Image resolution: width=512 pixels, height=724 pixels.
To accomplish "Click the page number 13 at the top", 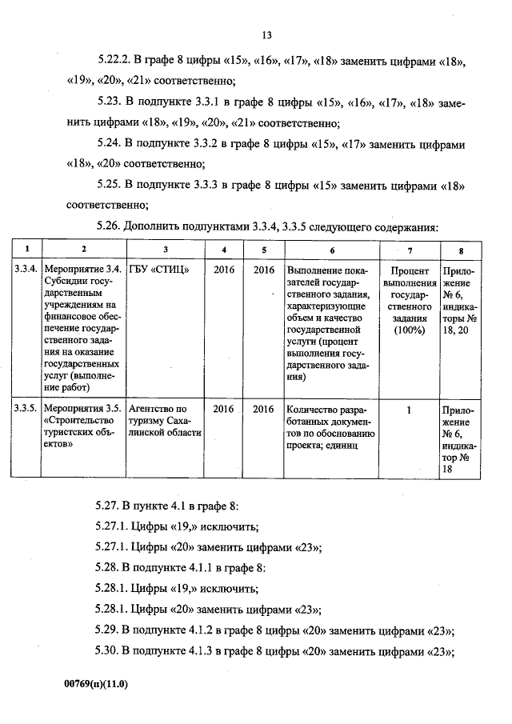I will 266,35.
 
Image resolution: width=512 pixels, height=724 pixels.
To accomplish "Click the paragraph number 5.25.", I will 108,186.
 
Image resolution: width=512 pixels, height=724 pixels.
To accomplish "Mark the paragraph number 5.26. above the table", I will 108,227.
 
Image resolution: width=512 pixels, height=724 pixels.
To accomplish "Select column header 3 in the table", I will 164,249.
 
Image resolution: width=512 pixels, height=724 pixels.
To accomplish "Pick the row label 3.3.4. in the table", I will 26,270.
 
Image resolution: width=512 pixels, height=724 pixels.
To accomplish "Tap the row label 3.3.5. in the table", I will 26,409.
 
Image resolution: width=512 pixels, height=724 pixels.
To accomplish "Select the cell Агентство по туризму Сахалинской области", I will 163,421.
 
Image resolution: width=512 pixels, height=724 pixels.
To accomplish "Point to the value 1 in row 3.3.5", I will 408,409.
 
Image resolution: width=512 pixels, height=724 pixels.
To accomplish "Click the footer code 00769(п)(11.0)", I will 96,685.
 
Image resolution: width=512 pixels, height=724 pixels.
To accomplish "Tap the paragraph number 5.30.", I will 108,652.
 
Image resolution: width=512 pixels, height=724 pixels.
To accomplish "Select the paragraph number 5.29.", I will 108,631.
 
